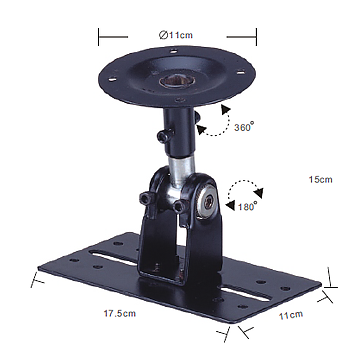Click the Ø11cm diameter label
(176, 35)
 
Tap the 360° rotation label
(244, 127)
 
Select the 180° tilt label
(247, 206)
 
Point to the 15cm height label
(320, 179)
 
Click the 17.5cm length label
(120, 314)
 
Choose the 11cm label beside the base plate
(291, 315)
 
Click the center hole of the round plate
(173, 81)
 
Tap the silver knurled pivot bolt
(207, 202)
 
